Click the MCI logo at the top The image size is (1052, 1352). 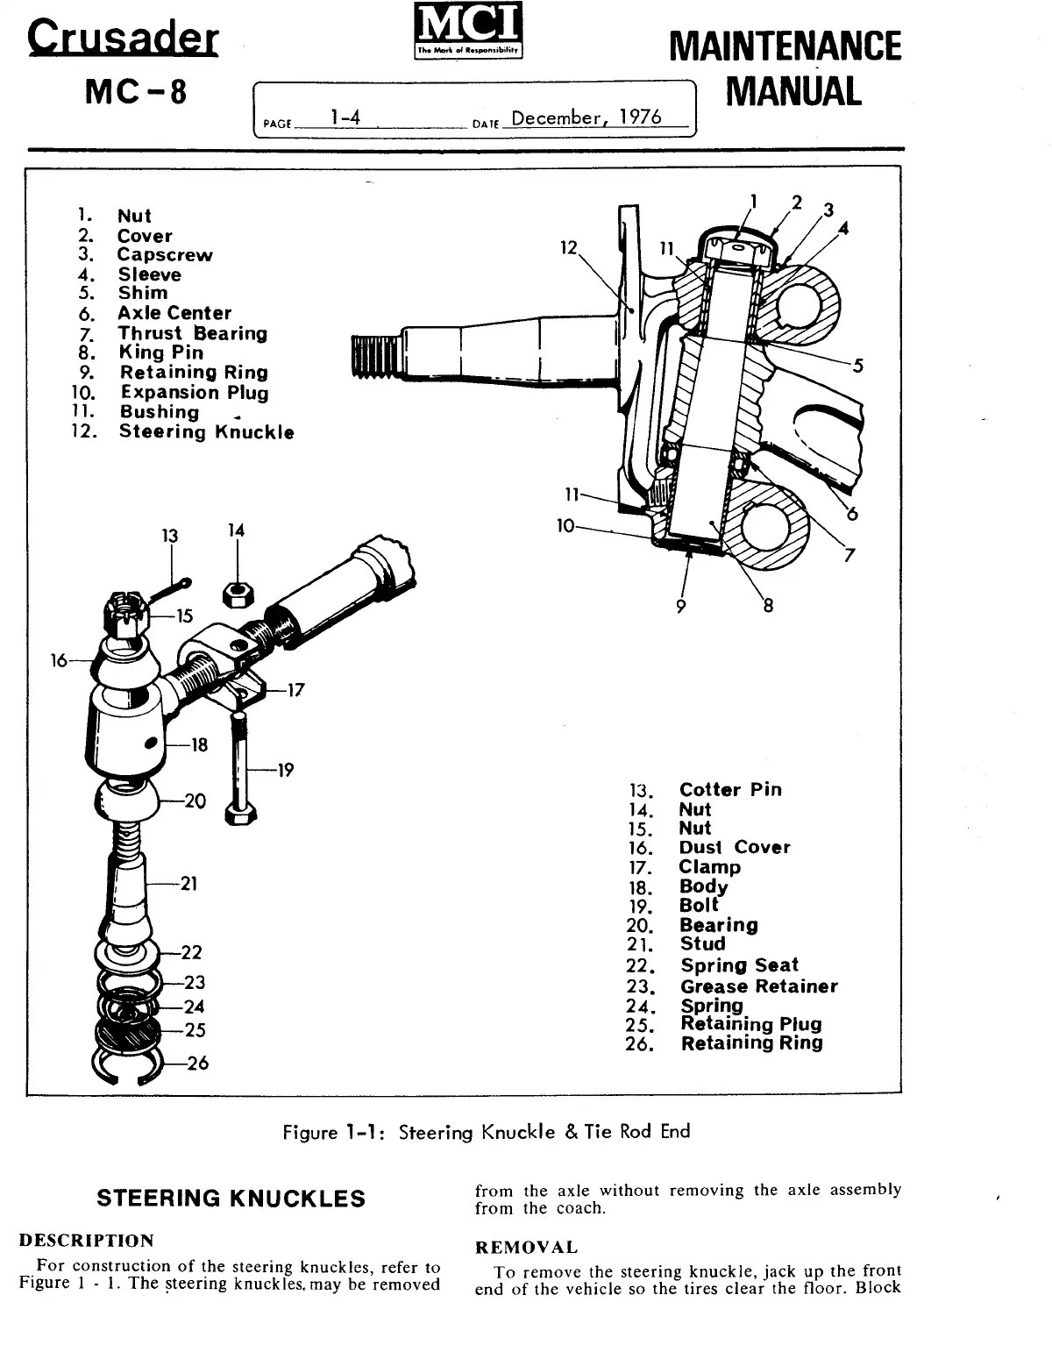coord(467,33)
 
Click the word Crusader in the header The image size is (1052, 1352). coord(122,37)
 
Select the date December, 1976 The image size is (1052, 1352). coord(586,117)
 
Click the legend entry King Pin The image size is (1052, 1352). coord(161,352)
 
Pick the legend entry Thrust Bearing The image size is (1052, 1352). coord(192,333)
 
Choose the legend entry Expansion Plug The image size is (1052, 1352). coord(194,393)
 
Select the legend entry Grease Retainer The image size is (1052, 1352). coord(758,986)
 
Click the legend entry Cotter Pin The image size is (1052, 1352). coord(730,789)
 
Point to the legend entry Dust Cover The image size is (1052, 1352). coord(735,848)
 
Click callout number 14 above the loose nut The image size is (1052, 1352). coord(236,530)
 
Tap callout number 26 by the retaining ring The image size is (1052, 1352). coord(197,1064)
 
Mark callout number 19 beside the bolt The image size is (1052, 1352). coord(285,771)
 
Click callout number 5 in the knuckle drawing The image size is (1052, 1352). coord(858,366)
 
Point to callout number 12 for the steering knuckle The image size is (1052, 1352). coord(569,248)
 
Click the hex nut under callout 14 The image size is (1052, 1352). coord(238,595)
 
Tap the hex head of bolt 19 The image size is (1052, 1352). coord(242,814)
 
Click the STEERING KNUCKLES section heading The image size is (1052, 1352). coord(231,1199)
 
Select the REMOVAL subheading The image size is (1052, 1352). coord(526,1248)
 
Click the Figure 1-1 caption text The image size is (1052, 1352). coord(487,1132)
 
